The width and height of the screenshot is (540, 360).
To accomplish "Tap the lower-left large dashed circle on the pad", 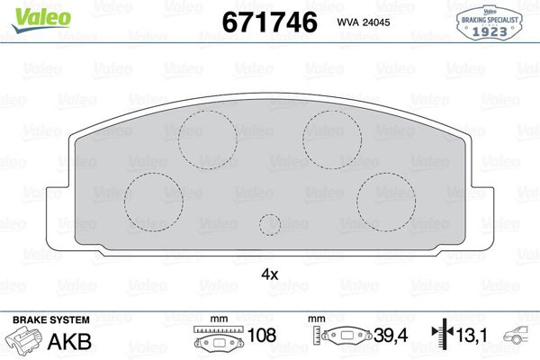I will pos(153,199).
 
